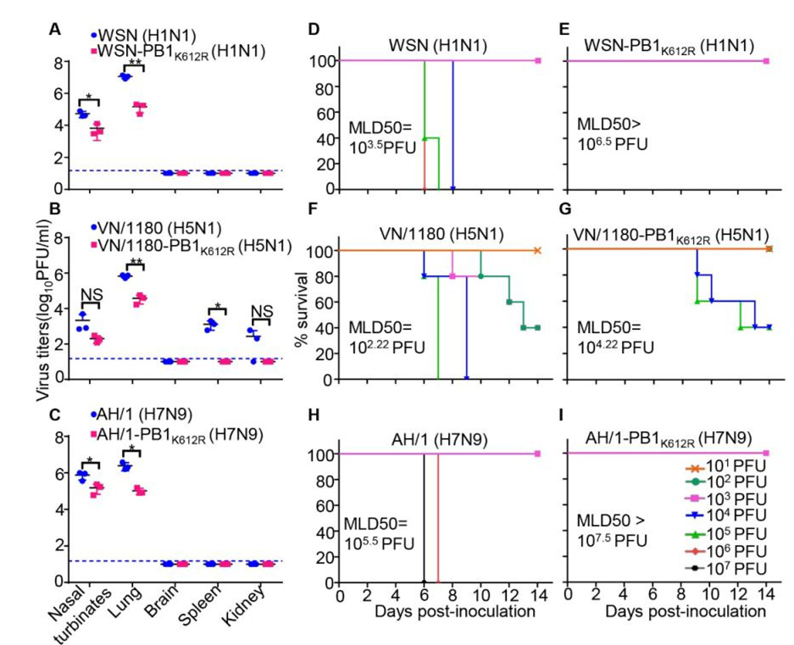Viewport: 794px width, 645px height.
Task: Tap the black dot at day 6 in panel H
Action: [x=424, y=582]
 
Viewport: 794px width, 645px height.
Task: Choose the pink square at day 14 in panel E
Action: [x=766, y=61]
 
